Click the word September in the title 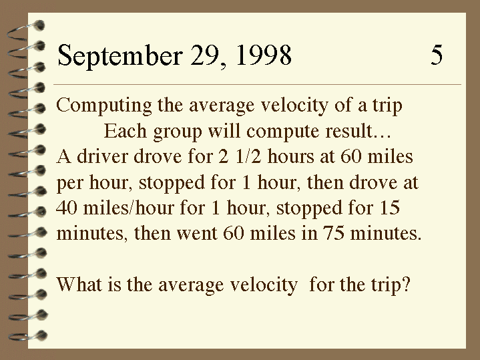[x=120, y=55]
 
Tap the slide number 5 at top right [x=437, y=55]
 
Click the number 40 [x=67, y=208]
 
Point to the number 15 [x=390, y=208]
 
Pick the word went [x=196, y=234]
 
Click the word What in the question [x=79, y=284]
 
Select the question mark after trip [x=406, y=284]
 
